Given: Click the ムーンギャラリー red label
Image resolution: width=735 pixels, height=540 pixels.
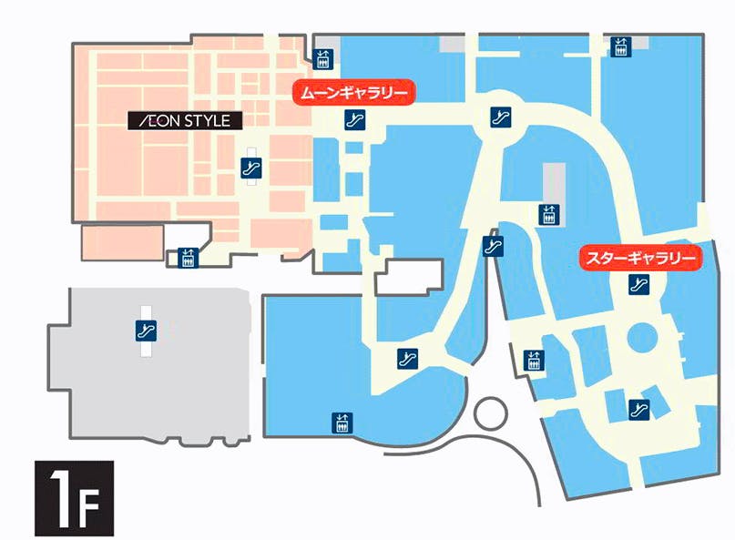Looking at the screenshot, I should (352, 92).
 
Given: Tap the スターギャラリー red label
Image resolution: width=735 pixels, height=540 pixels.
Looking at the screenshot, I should (642, 259).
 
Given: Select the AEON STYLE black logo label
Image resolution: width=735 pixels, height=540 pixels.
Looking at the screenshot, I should (184, 120).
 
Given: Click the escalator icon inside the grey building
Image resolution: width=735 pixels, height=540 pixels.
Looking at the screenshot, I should (143, 331).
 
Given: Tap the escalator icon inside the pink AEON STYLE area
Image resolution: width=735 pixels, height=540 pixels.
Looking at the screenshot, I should (251, 168).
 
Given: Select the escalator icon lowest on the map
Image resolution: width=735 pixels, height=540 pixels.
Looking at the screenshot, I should (638, 407).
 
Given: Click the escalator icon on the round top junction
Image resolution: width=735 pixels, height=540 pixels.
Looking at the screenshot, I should (498, 116).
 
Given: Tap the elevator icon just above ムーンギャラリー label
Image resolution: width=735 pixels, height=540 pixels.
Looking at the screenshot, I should (322, 59).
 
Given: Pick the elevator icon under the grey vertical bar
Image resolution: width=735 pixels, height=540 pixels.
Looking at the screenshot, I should (548, 215).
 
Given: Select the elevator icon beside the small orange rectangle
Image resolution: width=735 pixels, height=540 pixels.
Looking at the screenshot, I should (189, 259).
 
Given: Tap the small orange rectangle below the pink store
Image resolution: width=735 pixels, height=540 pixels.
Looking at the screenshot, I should (122, 242).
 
